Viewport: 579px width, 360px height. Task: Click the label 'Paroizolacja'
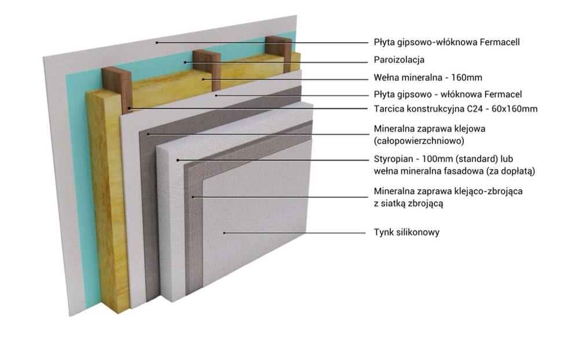point(400,60)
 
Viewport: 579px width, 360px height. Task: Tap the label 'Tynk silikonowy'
point(407,232)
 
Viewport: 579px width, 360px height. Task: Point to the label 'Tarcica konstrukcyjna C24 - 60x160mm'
point(456,108)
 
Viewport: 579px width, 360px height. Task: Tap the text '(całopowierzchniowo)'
point(419,141)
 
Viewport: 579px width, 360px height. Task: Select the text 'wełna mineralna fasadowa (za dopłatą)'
point(454,171)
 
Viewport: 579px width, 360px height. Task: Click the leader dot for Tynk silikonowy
point(224,233)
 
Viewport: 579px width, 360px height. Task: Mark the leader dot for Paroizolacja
point(185,62)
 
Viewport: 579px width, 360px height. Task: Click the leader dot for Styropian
point(178,160)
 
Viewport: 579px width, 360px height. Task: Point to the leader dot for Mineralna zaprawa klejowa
point(148,134)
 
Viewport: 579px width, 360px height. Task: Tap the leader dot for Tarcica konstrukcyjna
point(130,108)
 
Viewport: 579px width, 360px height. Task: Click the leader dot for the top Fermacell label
point(156,42)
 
